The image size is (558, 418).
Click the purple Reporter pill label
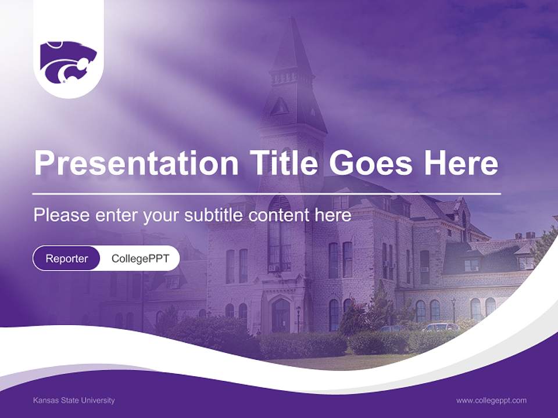(67, 258)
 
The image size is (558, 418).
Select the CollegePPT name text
(140, 258)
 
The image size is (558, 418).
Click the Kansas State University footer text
(74, 400)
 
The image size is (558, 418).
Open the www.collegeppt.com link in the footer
(491, 400)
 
